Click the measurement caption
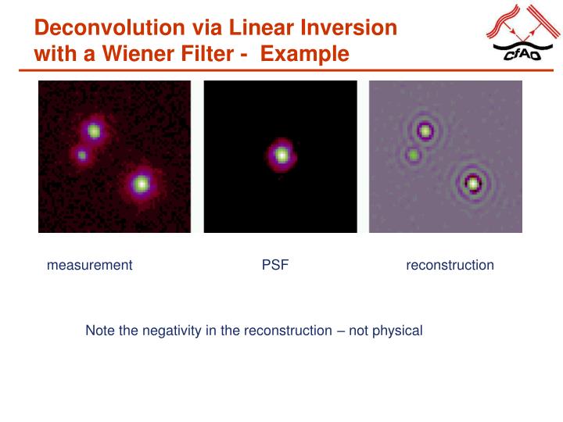point(89,265)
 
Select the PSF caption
point(275,265)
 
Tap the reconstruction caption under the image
point(450,265)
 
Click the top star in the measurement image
point(95,131)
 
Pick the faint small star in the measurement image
point(81,155)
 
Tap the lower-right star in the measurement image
point(141,184)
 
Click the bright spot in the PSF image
point(281,155)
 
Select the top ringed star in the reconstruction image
point(425,131)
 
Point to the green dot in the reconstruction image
point(412,156)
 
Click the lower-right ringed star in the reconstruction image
point(472,184)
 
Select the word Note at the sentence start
point(100,331)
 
